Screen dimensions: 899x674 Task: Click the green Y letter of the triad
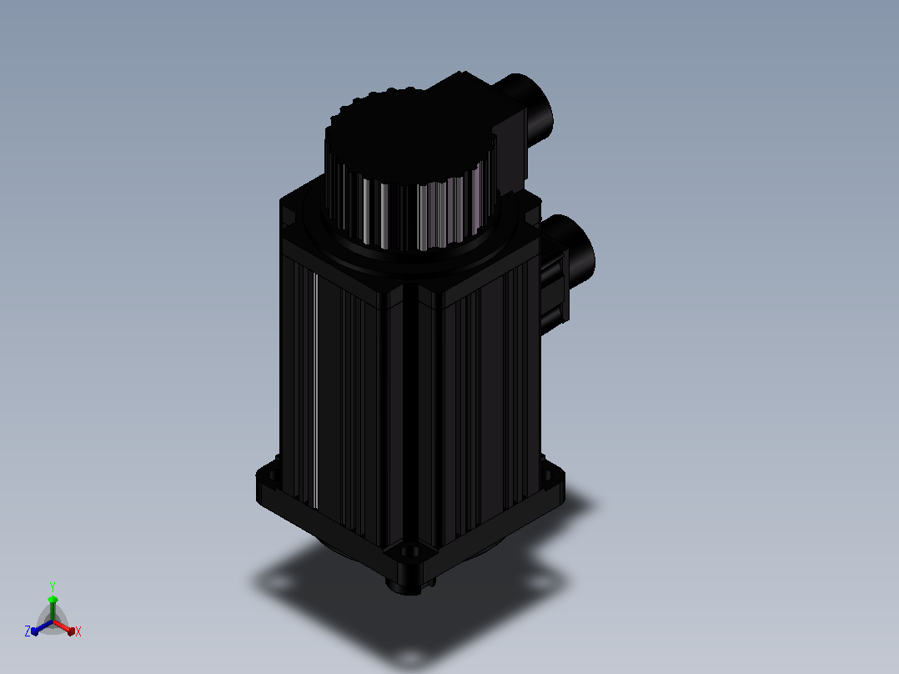pyautogui.click(x=53, y=586)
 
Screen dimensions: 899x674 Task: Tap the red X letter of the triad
pyautogui.click(x=78, y=631)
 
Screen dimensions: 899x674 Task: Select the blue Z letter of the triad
pyautogui.click(x=28, y=631)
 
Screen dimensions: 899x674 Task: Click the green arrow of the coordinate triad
pyautogui.click(x=53, y=609)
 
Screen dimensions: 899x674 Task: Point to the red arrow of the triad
pyautogui.click(x=64, y=627)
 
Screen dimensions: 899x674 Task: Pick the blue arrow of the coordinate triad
pyautogui.click(x=42, y=627)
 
